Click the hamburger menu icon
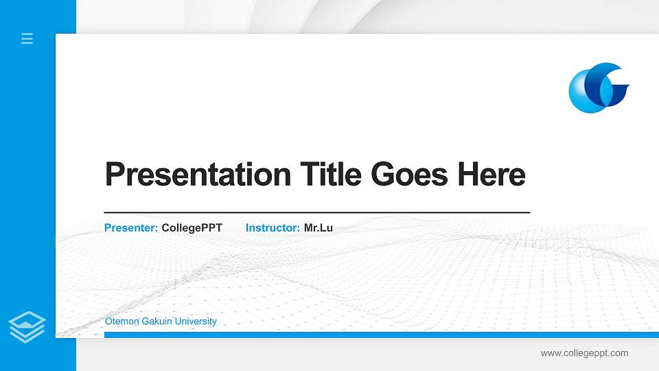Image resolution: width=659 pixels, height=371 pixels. (x=27, y=38)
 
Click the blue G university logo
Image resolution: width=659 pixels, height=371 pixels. (x=599, y=87)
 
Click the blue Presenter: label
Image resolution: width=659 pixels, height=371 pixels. (x=131, y=227)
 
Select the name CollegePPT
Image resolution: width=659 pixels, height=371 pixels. (x=192, y=227)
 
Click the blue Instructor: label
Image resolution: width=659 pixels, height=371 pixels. (x=273, y=227)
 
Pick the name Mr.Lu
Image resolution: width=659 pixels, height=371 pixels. (x=319, y=227)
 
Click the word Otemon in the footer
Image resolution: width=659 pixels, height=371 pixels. (x=122, y=322)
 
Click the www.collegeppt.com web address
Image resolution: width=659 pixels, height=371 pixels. (x=584, y=353)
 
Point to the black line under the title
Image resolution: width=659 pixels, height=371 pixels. (x=316, y=213)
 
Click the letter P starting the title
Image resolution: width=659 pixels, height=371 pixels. (x=113, y=175)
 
